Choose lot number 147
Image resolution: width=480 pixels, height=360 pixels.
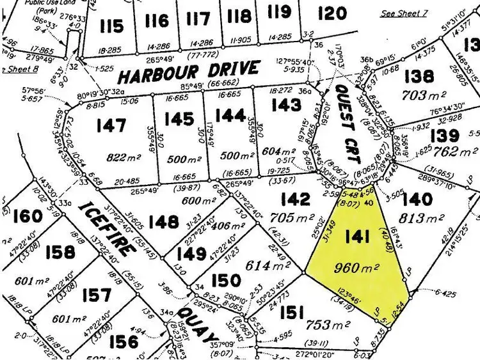tap(111, 125)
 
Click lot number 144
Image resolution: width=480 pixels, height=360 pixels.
tap(230, 115)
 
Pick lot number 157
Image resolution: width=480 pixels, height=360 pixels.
tap(97, 295)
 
